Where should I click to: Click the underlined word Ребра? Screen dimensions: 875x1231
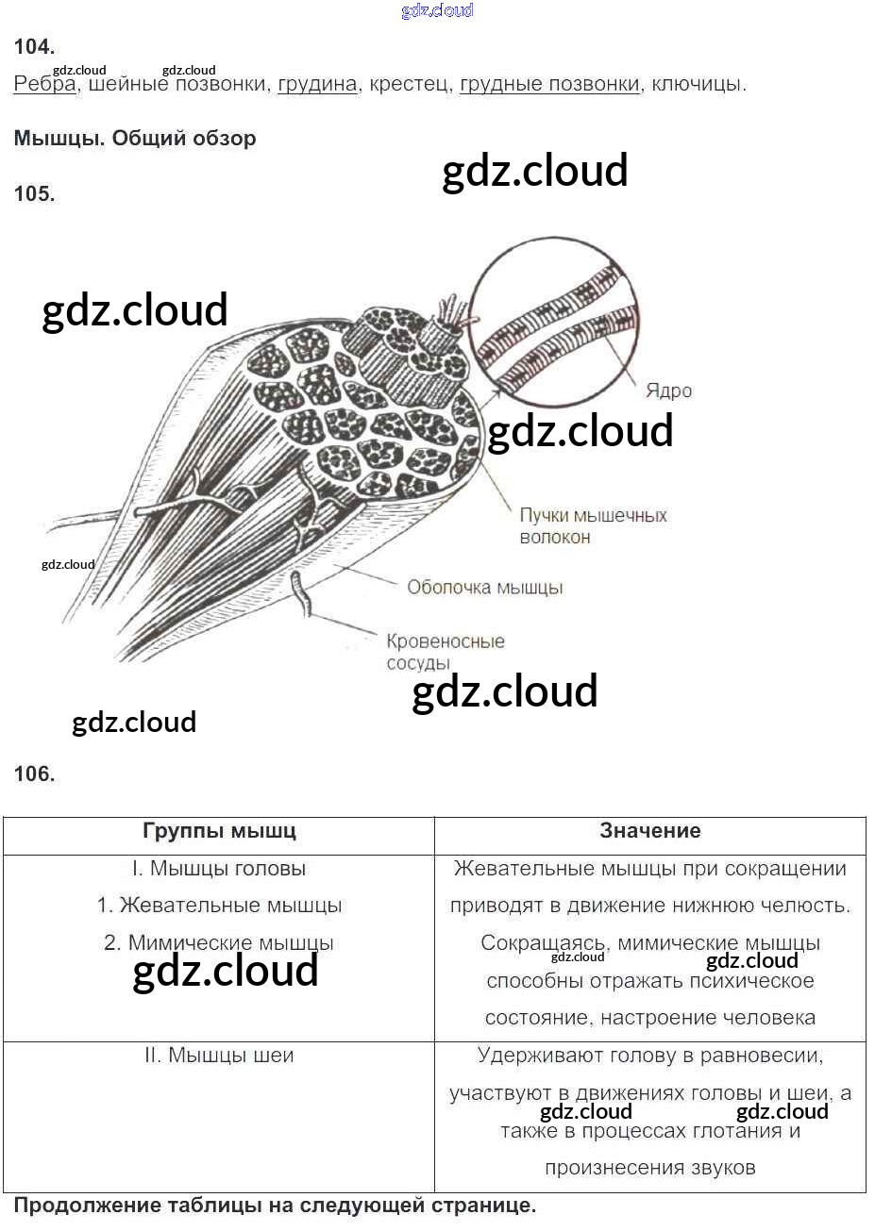[x=44, y=84]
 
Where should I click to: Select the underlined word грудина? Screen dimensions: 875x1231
[x=317, y=84]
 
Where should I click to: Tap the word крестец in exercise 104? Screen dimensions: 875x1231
[x=408, y=84]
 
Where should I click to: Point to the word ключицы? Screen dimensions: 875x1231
[x=698, y=84]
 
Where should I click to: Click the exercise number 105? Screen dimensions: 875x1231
[x=34, y=193]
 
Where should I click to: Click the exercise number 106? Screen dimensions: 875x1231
[x=34, y=774]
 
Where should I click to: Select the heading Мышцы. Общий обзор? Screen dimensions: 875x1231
[x=135, y=138]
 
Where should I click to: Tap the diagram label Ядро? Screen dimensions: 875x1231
[x=669, y=391]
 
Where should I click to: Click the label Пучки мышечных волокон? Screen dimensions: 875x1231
[x=593, y=526]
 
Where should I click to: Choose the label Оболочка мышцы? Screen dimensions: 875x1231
[x=485, y=588]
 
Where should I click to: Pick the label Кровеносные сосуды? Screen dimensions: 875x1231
[x=446, y=653]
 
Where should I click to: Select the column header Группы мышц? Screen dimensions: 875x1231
[x=219, y=831]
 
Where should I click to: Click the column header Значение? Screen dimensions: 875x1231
[x=650, y=830]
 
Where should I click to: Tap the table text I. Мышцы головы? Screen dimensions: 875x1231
[x=219, y=868]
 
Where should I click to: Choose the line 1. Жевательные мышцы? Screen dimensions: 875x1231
[x=219, y=906]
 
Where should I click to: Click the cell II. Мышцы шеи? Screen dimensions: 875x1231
[x=219, y=1055]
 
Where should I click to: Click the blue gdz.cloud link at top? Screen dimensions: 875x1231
[x=438, y=9]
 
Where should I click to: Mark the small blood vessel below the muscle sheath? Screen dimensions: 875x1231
[x=302, y=593]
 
